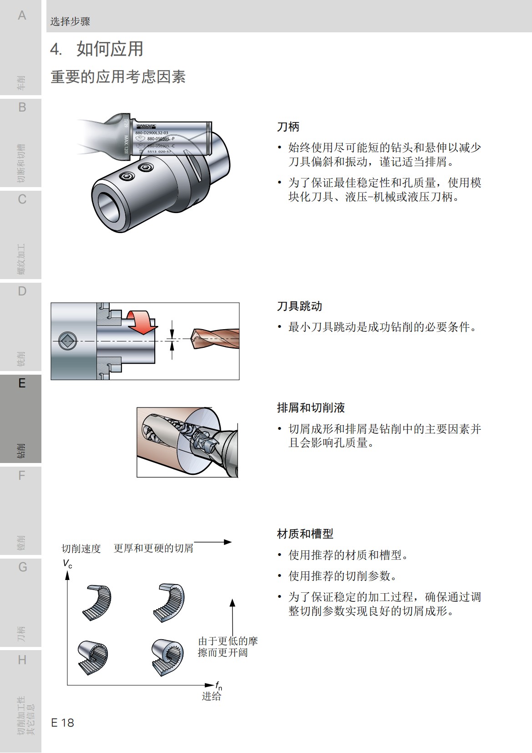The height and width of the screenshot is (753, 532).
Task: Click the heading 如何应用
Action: point(109,49)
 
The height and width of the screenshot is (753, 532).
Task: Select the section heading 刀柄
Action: point(288,127)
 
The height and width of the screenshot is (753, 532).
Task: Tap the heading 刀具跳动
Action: point(299,306)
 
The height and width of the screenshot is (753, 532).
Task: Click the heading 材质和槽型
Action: point(305,534)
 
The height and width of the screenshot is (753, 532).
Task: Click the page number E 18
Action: point(62,722)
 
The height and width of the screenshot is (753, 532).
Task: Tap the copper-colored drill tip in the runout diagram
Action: point(214,338)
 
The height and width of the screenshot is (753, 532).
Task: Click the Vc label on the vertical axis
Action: point(67,564)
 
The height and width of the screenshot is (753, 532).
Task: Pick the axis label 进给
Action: point(212,696)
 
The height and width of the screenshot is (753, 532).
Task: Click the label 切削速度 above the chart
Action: point(81,549)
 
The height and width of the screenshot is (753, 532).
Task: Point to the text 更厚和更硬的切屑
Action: point(153,548)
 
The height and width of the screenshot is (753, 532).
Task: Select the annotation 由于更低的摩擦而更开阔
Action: point(228,646)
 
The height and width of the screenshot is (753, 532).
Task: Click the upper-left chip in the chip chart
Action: point(97,602)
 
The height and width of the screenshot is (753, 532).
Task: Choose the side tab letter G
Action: point(22,567)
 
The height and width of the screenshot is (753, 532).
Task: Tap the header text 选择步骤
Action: point(70,21)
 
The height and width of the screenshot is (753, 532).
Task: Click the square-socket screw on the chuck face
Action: point(68,340)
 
